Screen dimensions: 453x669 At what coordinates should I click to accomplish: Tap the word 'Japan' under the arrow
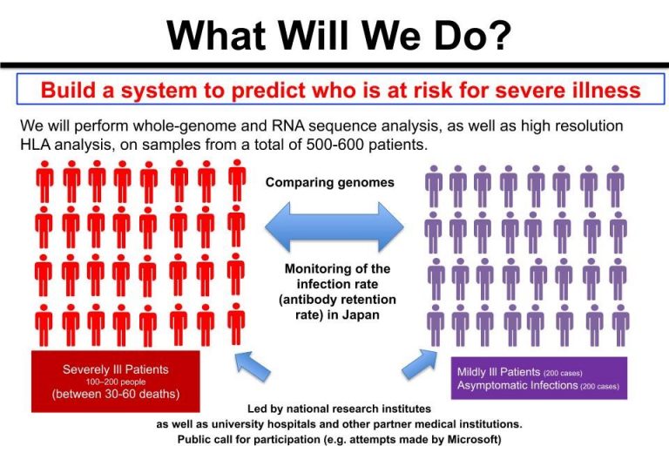tap(360, 315)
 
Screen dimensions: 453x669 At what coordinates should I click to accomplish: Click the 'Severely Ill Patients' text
tap(117, 369)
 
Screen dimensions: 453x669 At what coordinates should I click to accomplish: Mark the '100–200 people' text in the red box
tap(117, 382)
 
